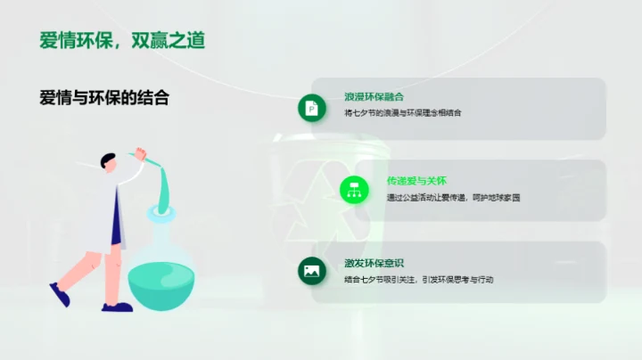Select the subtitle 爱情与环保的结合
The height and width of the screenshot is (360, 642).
click(x=104, y=98)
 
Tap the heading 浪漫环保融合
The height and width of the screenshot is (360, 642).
click(x=374, y=96)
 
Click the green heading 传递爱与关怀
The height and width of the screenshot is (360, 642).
click(x=416, y=181)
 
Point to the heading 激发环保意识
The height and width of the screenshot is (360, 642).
click(x=374, y=263)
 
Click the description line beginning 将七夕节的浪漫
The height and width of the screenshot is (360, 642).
click(x=403, y=113)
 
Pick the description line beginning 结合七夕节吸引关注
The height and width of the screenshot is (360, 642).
click(x=419, y=279)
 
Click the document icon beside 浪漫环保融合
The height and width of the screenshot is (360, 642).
click(x=312, y=108)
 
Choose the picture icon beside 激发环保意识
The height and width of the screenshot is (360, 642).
click(x=312, y=271)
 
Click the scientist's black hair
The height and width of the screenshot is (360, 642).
click(x=108, y=160)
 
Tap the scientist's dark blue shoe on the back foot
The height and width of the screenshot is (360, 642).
click(x=59, y=293)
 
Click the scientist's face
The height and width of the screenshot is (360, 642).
click(x=111, y=169)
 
